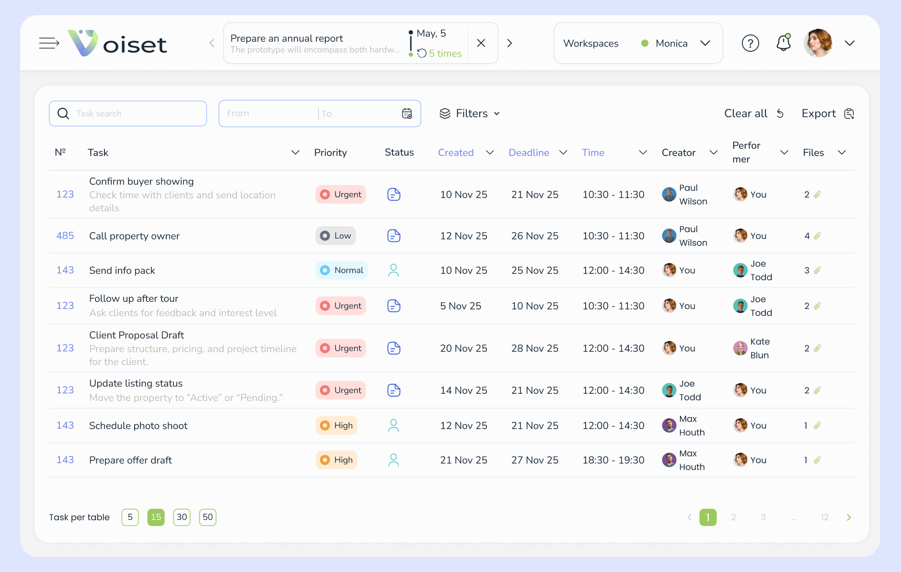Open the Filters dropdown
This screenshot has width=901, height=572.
470,114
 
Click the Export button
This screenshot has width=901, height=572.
827,114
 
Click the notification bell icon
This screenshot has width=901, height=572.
783,43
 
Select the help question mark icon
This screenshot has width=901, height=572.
750,43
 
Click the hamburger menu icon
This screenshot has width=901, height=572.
49,43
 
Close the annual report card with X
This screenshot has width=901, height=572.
481,43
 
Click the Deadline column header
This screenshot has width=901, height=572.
529,152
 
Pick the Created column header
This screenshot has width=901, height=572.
455,152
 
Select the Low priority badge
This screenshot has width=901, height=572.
335,236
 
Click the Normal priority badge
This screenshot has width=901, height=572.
342,270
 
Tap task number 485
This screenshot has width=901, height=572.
65,236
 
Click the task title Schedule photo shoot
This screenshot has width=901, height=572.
138,425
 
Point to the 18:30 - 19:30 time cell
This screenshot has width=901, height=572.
613,460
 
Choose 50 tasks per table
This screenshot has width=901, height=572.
208,517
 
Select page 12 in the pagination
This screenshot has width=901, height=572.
824,517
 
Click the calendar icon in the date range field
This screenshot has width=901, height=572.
407,114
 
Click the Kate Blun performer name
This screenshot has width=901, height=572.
760,348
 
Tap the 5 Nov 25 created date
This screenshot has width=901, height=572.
461,306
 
